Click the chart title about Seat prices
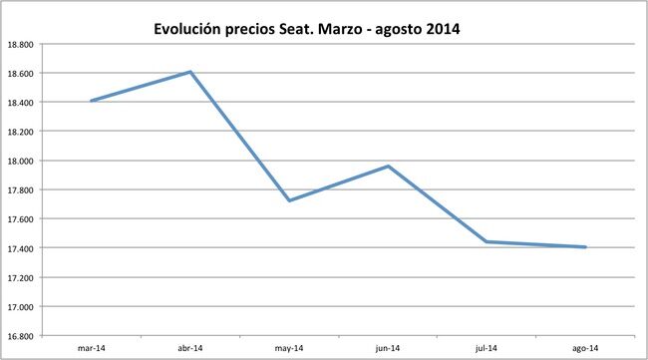(x=306, y=29)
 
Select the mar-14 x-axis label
(x=91, y=348)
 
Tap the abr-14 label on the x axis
(x=189, y=348)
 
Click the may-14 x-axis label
(x=289, y=348)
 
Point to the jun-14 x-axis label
(x=388, y=348)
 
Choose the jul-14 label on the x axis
(x=486, y=348)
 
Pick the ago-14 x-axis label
(x=585, y=348)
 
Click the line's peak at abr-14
(x=189, y=72)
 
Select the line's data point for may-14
(x=289, y=200)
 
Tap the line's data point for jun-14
(x=388, y=166)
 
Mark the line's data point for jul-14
(x=486, y=241)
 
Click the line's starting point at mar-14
(x=91, y=101)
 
